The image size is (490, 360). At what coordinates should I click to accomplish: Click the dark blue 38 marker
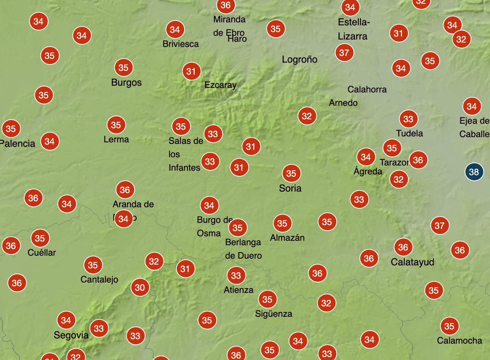(x=474, y=172)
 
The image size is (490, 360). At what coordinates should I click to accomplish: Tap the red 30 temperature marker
(x=140, y=287)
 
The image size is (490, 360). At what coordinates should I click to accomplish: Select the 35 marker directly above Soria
(x=291, y=173)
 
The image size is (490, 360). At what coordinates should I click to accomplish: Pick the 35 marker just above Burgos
(x=123, y=67)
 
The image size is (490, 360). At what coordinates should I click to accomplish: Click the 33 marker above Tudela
(x=408, y=119)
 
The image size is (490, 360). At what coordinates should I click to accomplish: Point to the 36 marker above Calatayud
(x=403, y=247)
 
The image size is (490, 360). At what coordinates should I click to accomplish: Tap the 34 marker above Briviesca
(x=175, y=29)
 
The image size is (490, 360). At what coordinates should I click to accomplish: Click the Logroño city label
(x=299, y=59)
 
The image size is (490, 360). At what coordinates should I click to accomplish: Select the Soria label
(x=290, y=188)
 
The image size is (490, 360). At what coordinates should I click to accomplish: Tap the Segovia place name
(x=71, y=335)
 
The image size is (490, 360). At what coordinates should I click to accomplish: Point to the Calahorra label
(x=367, y=89)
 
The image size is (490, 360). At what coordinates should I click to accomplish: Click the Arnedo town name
(x=343, y=103)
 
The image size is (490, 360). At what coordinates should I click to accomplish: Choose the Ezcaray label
(x=220, y=85)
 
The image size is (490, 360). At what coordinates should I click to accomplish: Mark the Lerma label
(x=116, y=139)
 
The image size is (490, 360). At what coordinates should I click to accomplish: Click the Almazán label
(x=287, y=238)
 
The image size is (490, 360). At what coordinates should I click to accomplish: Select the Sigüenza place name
(x=273, y=314)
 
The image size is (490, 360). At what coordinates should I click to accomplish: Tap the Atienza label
(x=238, y=290)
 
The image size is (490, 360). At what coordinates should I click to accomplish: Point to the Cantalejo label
(x=99, y=280)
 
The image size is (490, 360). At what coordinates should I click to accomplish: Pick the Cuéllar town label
(x=42, y=253)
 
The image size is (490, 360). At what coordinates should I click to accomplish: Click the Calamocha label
(x=459, y=341)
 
